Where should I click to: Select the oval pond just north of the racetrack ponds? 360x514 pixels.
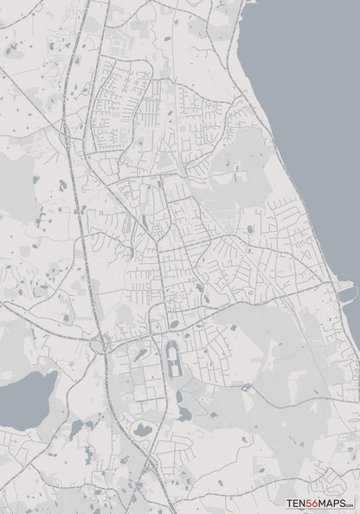(174, 325)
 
